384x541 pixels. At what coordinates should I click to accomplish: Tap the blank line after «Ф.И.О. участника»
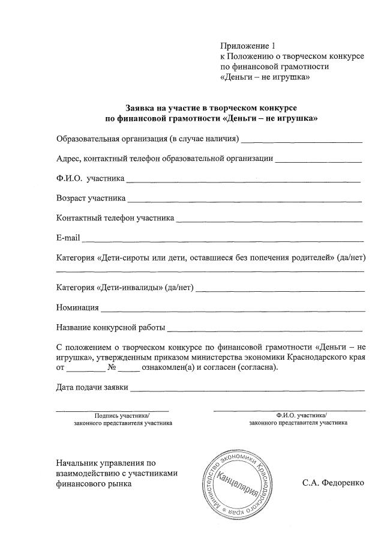click(x=242, y=181)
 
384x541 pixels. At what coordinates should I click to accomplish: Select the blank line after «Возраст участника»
click(x=244, y=200)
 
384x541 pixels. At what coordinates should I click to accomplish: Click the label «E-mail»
click(x=68, y=238)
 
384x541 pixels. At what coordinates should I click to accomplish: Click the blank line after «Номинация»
click(x=233, y=310)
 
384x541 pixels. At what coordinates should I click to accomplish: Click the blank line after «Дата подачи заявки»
click(x=247, y=390)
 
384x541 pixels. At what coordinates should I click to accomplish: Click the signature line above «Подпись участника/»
click(x=112, y=410)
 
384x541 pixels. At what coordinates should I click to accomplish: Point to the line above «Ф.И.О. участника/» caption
click(x=289, y=410)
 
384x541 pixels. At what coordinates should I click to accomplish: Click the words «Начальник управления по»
click(x=106, y=463)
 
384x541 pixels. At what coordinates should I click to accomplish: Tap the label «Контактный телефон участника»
click(x=115, y=219)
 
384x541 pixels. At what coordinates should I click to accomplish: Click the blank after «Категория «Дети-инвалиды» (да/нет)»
click(x=280, y=291)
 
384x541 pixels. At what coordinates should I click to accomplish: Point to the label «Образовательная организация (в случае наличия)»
click(x=148, y=140)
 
